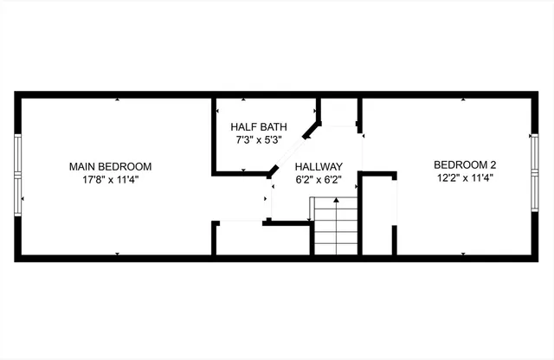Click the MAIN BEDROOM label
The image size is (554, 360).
[x=111, y=166]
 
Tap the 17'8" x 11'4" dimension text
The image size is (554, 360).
[x=111, y=180]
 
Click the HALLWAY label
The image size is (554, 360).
[x=319, y=167]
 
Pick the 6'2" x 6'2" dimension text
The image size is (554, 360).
[x=319, y=180]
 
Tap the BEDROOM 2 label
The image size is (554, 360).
[x=465, y=164]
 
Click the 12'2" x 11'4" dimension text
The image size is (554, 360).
[x=465, y=177]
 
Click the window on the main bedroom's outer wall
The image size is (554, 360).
[x=17, y=174]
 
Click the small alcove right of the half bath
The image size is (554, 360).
[x=339, y=112]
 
